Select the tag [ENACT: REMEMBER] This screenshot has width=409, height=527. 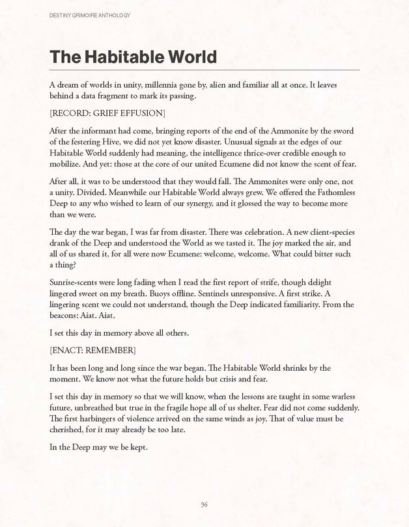[x=92, y=351]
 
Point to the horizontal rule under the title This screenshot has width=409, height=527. [x=204, y=70]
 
